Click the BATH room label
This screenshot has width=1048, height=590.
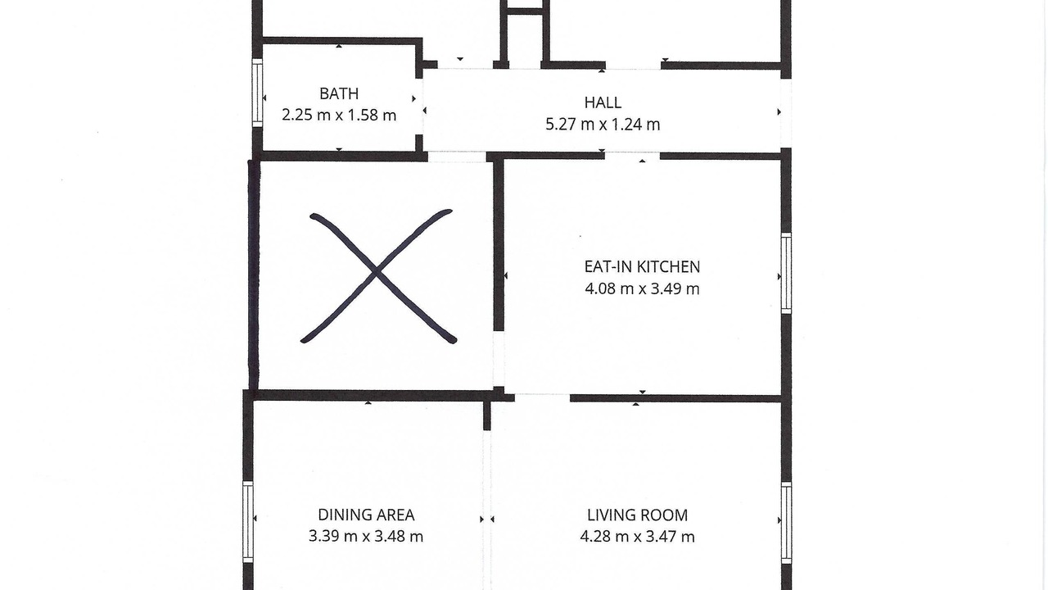(x=339, y=93)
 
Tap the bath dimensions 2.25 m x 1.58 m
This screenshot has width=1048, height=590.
(x=339, y=116)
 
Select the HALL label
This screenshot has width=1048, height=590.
(x=603, y=102)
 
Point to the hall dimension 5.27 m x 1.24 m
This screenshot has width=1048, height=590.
(x=603, y=125)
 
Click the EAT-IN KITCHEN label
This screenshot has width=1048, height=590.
(x=642, y=267)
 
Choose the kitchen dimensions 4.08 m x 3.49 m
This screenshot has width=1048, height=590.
(x=642, y=288)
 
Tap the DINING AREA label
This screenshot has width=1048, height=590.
(x=366, y=515)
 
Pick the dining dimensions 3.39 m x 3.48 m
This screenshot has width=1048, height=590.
(x=366, y=536)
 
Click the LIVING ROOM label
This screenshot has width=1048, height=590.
(x=637, y=515)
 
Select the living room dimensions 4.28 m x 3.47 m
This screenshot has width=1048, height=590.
(x=637, y=536)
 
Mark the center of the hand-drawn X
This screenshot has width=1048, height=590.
(x=376, y=273)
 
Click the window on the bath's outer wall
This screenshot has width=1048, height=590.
(x=257, y=93)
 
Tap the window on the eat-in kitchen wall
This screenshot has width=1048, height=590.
(x=787, y=274)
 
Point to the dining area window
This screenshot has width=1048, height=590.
(x=248, y=522)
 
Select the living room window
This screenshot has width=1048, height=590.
(x=787, y=523)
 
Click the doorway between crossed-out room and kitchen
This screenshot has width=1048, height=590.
(x=499, y=359)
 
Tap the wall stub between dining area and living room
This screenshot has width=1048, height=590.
(x=487, y=415)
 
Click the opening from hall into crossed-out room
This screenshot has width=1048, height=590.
(x=457, y=157)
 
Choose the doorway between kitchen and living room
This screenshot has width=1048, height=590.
(x=542, y=398)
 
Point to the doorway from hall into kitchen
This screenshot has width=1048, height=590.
(x=632, y=156)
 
